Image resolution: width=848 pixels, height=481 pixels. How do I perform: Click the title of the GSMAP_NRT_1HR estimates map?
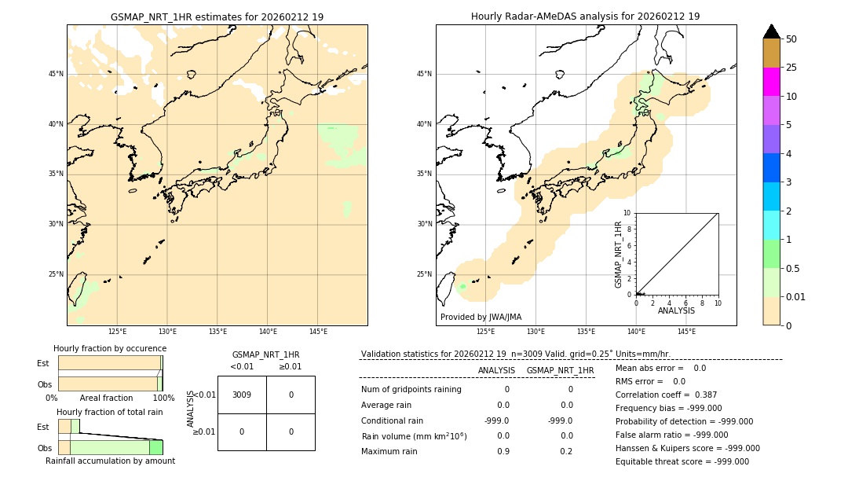[217, 17]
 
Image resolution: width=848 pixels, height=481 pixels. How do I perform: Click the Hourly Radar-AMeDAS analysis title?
[585, 17]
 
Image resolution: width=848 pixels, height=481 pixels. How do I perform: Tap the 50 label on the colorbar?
[791, 39]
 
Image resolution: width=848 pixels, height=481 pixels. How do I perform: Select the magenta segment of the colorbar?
[771, 82]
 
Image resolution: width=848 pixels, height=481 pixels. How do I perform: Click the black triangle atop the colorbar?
[771, 31]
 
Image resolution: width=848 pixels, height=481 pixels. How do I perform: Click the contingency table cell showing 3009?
[242, 395]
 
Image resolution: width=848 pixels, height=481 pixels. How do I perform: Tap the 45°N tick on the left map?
[56, 74]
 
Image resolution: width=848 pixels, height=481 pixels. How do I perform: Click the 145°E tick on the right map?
[686, 332]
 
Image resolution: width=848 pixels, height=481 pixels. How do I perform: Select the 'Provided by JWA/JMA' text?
[481, 318]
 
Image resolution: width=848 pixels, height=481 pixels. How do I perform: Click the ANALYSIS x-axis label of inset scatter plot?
[676, 311]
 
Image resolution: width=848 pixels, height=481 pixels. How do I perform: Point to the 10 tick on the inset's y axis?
[627, 213]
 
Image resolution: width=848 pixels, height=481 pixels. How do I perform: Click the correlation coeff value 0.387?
[706, 395]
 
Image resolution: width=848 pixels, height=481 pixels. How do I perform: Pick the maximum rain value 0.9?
[503, 451]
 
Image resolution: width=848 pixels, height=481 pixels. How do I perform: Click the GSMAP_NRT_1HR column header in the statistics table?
[560, 370]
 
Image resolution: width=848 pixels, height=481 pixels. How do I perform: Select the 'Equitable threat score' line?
[682, 461]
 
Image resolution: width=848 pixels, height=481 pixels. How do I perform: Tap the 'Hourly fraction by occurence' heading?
[110, 348]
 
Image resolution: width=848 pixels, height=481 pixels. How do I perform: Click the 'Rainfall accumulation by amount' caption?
[110, 461]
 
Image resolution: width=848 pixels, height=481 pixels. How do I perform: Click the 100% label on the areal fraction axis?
[163, 398]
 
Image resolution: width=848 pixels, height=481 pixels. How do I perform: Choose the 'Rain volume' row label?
[414, 436]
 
